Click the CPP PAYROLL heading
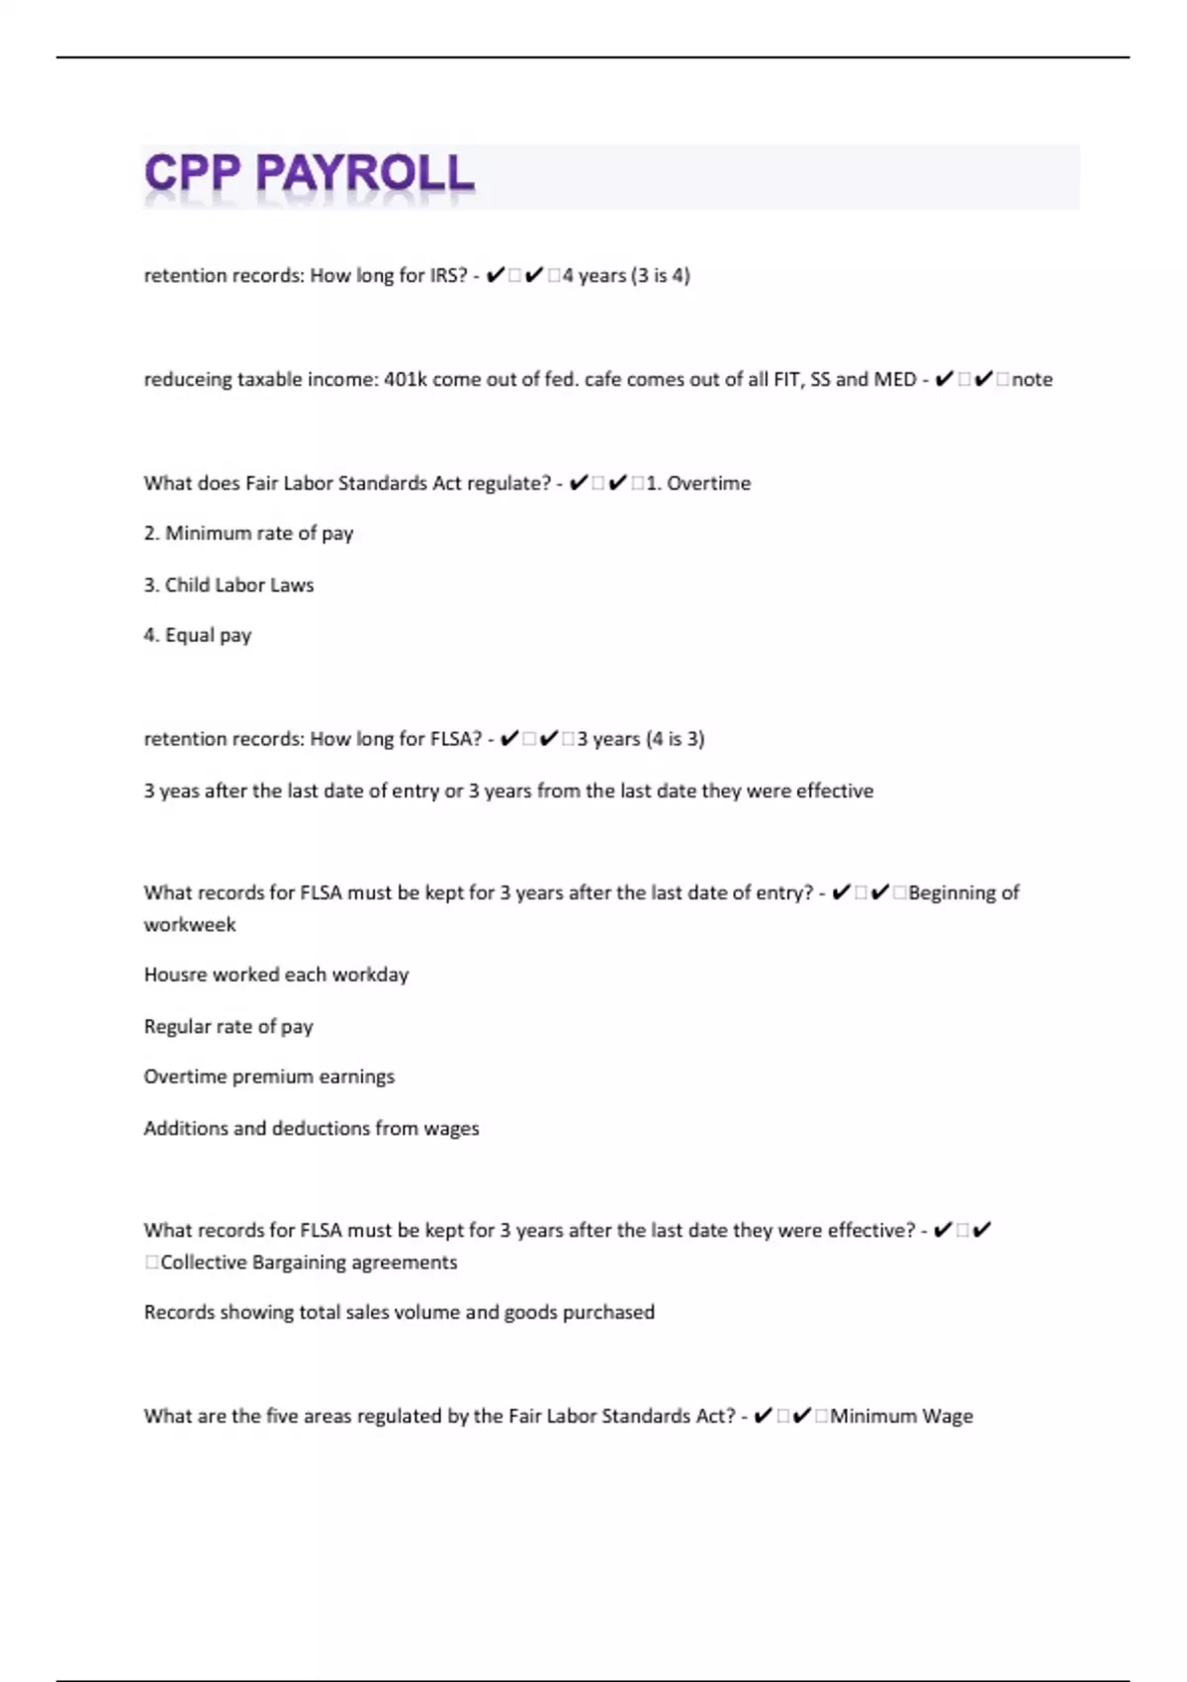pos(309,174)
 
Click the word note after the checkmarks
pos(1032,379)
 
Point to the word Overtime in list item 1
pos(708,483)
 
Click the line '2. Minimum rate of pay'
pos(248,533)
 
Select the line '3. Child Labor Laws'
pos(228,585)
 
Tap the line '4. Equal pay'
pos(198,635)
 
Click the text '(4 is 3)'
pos(675,738)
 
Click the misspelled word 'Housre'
pos(175,975)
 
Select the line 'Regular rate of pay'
pos(228,1026)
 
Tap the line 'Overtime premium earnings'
pos(269,1076)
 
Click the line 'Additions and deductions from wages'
pos(312,1128)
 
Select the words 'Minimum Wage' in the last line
pos(901,1416)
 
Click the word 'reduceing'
pos(187,379)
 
